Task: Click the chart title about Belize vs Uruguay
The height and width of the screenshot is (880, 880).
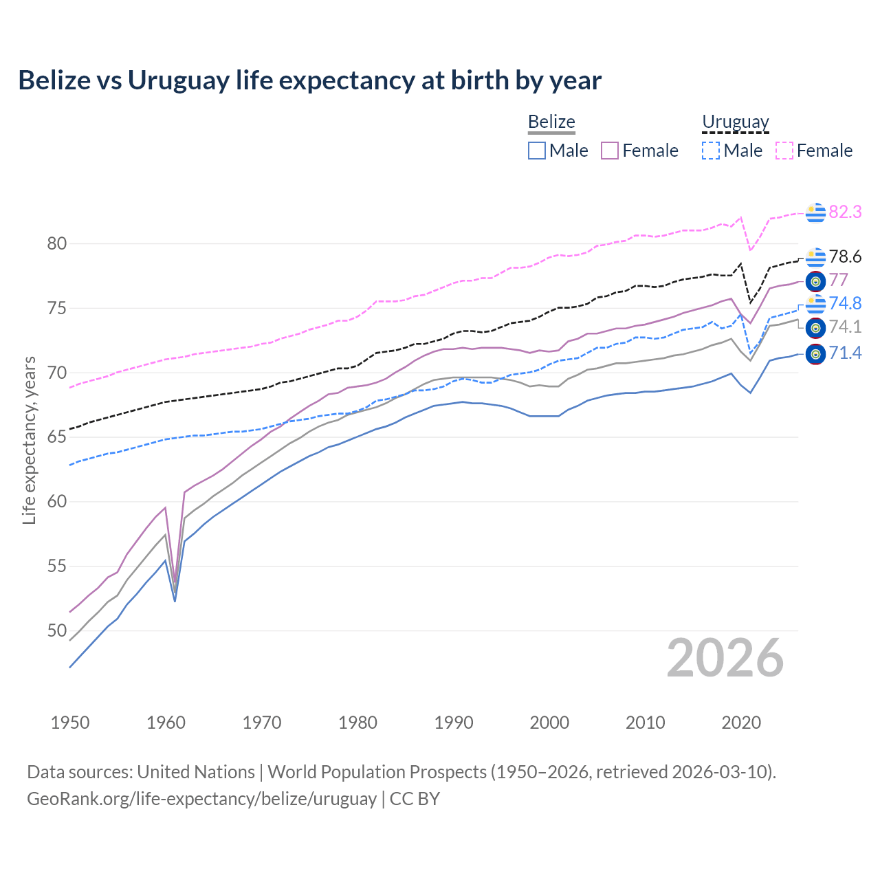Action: (309, 80)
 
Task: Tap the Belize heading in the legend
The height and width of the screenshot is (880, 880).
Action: (551, 122)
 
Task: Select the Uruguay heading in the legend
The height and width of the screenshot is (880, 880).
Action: (735, 122)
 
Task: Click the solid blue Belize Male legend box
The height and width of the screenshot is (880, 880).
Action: (537, 151)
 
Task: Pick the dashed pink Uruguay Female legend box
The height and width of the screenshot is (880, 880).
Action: (784, 151)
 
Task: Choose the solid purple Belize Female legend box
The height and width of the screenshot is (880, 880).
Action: (610, 151)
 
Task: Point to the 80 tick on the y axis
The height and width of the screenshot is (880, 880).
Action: (57, 243)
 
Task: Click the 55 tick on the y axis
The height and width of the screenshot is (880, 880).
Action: (57, 566)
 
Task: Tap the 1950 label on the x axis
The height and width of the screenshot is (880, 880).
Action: (70, 723)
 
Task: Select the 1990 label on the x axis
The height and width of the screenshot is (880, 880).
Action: (454, 723)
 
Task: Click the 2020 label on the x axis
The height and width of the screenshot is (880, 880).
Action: (741, 723)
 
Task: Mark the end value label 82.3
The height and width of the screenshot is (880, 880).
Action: (845, 212)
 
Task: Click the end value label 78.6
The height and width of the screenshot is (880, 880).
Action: (845, 256)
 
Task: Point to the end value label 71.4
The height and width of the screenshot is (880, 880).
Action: (845, 353)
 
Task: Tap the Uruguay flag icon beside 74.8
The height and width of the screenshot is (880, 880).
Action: (815, 303)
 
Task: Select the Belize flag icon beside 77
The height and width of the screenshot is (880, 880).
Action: (815, 280)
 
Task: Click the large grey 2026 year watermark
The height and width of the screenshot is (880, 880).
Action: (725, 658)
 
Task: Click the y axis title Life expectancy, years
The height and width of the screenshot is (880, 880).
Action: (29, 440)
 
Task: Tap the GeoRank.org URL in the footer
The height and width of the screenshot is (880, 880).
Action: (201, 798)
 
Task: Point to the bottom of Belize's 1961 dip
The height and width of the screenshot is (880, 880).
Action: (175, 600)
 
